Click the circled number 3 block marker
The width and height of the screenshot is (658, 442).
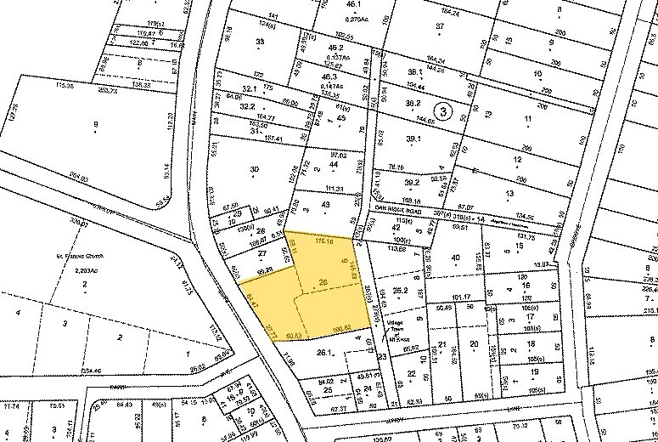click(442, 110)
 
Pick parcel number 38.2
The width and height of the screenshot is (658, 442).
click(413, 104)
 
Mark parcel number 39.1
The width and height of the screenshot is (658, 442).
click(413, 139)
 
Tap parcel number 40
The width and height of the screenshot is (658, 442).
click(455, 258)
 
